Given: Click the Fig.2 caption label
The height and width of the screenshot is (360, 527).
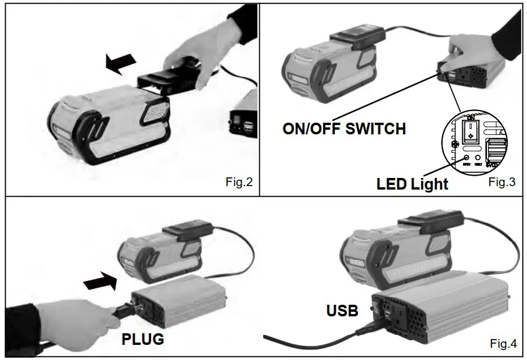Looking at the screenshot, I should (239, 182).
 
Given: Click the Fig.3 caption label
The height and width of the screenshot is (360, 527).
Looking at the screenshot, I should (501, 182).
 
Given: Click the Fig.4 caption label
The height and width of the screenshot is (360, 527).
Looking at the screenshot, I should (503, 344).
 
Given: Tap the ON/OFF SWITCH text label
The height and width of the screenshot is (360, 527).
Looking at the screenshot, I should (344, 129).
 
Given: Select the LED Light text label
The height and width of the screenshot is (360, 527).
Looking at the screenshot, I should (413, 184).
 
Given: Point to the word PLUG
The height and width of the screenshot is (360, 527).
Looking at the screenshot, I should (143, 338).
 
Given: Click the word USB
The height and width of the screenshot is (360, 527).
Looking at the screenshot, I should (342, 311).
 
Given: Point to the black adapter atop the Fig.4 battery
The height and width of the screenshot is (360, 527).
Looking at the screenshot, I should (430, 223).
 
